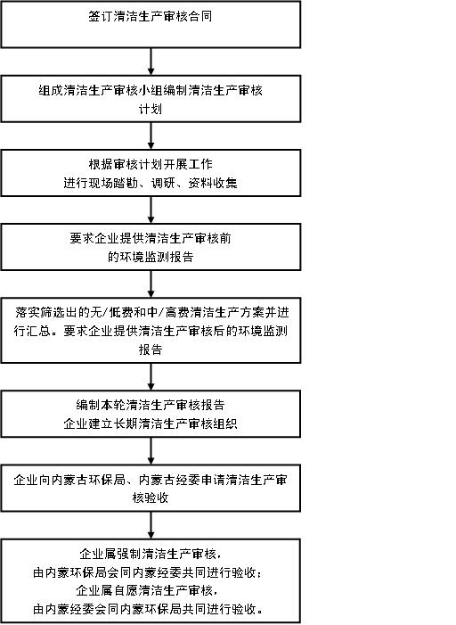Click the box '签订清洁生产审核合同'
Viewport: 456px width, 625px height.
151,25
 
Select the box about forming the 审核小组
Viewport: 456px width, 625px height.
151,99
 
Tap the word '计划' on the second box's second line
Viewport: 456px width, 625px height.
151,109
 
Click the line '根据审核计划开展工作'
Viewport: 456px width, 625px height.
151,164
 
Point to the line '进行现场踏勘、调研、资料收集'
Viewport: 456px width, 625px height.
151,183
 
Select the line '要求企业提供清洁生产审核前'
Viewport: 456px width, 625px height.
151,238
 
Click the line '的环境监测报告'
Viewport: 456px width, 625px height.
151,257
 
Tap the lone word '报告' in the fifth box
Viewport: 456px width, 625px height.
151,350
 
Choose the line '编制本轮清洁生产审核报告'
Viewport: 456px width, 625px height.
151,405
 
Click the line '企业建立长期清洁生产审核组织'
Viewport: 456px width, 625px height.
151,424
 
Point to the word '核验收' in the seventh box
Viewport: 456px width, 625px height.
151,498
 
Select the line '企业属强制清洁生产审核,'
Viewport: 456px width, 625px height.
151,554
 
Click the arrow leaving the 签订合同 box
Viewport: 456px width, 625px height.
151,62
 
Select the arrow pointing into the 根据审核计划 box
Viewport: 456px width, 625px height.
151,136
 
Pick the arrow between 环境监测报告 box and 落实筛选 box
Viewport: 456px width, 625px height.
151,284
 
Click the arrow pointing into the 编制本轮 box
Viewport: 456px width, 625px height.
151,377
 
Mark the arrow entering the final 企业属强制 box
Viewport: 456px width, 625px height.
151,526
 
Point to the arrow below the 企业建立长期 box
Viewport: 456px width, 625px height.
151,451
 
